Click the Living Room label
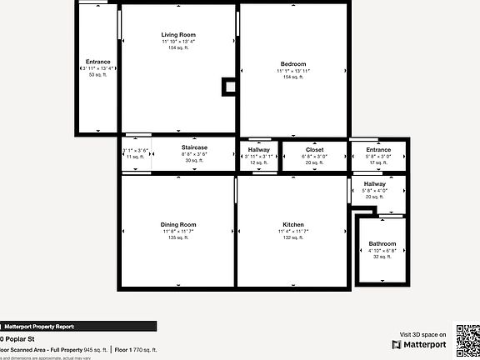tap(179, 34)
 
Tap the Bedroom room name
tap(293, 64)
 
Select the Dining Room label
tap(178, 224)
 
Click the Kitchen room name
tap(293, 225)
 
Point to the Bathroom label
tap(382, 244)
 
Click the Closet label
tap(315, 149)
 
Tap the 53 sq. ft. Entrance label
tap(97, 62)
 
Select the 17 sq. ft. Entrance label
tap(378, 149)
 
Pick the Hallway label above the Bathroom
tap(375, 183)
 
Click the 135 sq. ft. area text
tap(178, 238)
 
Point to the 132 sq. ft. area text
tap(293, 238)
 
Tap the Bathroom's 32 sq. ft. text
tap(382, 257)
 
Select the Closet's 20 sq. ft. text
tap(315, 162)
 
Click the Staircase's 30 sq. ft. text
tap(194, 161)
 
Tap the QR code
tap(466, 338)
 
